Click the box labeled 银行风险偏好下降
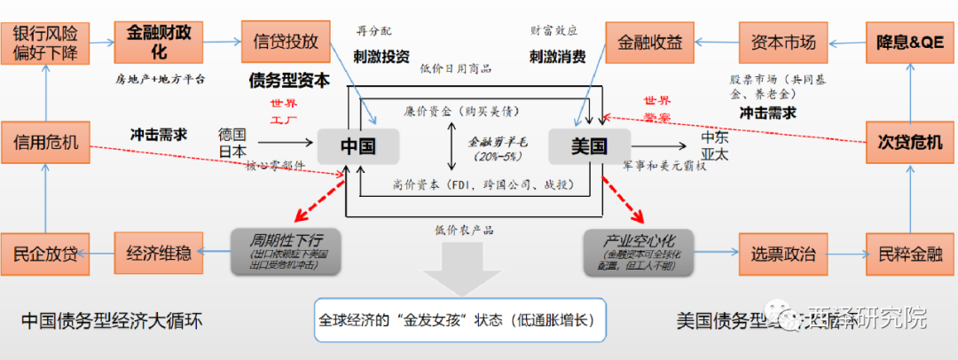tap(45, 42)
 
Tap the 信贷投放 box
tap(285, 42)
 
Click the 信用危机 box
tap(45, 141)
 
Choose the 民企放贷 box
tap(45, 254)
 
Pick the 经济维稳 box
tap(158, 254)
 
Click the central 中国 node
tap(358, 144)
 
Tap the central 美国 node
tap(589, 145)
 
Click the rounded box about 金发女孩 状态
tap(460, 321)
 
